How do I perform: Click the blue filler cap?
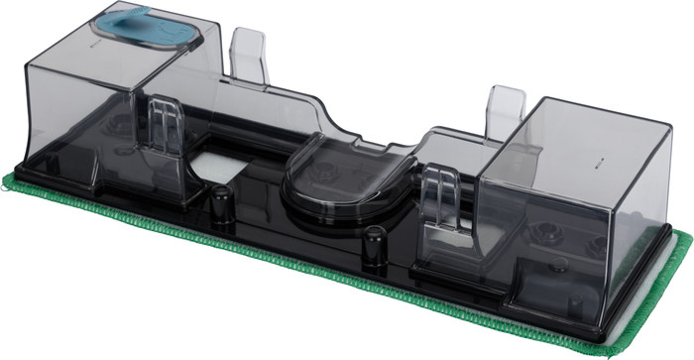[150, 30]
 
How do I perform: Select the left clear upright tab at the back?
[248, 52]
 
